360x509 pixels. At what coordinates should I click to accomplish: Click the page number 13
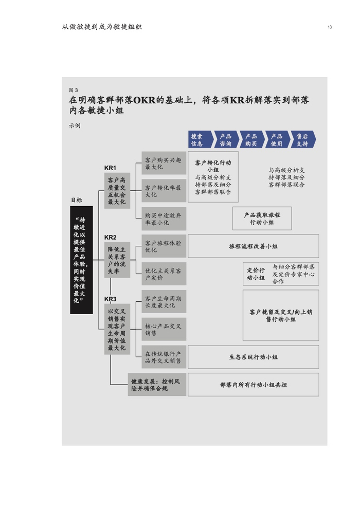coord(329,27)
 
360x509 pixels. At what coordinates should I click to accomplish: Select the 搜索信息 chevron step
coord(199,140)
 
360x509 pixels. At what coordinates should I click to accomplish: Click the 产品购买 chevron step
coord(251,140)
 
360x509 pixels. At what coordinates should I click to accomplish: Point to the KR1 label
coord(110,168)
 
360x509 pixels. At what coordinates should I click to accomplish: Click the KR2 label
coord(110,237)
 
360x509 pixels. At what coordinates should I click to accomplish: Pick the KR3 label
coord(110,299)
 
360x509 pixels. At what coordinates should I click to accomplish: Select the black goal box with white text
coord(81,260)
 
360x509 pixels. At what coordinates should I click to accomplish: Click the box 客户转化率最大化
coord(164,191)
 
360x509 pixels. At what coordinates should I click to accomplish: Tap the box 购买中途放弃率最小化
coord(164,219)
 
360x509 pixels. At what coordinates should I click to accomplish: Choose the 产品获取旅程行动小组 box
coord(262,219)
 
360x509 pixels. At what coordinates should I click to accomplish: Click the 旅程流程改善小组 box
coord(253,246)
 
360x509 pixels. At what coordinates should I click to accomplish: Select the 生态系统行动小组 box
coord(253,357)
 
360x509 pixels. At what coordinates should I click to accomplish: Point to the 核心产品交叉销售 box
coord(164,329)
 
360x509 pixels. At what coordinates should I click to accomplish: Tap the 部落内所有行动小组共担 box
coord(253,385)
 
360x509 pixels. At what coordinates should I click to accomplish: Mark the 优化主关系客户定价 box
coord(164,274)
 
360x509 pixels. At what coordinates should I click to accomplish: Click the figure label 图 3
coord(73,90)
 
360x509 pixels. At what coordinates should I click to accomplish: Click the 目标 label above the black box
coord(76,200)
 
